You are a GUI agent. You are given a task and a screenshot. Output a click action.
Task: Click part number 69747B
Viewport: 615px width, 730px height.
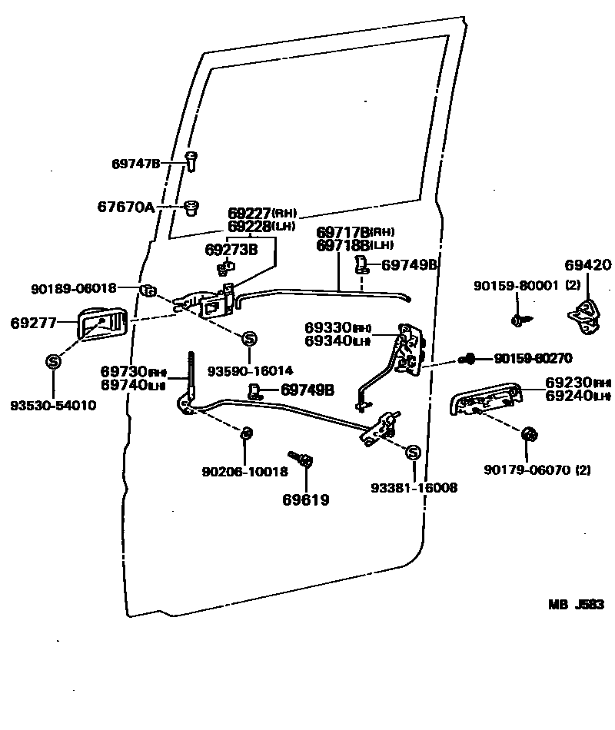pyautogui.click(x=135, y=164)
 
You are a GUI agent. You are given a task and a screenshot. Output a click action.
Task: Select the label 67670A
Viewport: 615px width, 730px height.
pyautogui.click(x=125, y=206)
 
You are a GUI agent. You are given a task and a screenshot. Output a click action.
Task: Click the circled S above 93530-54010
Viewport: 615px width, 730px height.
pyautogui.click(x=52, y=360)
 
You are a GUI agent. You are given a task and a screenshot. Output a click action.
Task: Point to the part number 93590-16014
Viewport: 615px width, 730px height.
pyautogui.click(x=250, y=370)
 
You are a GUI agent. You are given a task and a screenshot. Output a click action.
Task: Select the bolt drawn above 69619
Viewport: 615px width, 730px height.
pyautogui.click(x=300, y=462)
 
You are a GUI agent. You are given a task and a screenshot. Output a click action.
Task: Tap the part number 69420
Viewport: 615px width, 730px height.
pyautogui.click(x=588, y=266)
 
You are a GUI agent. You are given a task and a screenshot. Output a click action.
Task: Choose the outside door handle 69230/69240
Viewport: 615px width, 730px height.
pyautogui.click(x=486, y=399)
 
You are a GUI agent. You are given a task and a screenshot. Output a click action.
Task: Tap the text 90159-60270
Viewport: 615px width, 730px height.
pyautogui.click(x=534, y=357)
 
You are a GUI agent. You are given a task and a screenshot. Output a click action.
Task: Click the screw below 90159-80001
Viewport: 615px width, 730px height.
pyautogui.click(x=518, y=317)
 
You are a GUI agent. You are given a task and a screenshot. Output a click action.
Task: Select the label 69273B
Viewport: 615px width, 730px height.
pyautogui.click(x=231, y=250)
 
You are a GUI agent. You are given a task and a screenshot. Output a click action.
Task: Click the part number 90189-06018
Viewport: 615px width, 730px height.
pyautogui.click(x=74, y=289)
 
